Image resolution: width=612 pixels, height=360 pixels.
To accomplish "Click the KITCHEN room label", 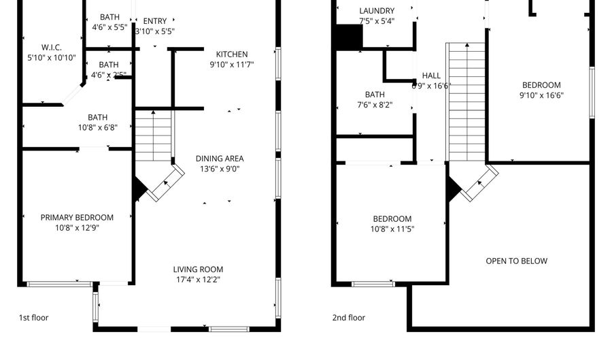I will [x=232, y=54].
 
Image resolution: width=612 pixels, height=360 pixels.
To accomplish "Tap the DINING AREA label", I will [x=220, y=159].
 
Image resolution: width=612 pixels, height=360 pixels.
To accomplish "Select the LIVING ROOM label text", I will [x=198, y=269].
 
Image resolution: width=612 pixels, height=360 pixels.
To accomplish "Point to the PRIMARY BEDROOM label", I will [x=77, y=218].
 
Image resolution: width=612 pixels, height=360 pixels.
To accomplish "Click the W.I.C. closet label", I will [x=52, y=48].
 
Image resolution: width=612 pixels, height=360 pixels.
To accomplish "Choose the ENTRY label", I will [x=155, y=21].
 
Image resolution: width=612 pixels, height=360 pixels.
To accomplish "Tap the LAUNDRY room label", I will [x=376, y=11].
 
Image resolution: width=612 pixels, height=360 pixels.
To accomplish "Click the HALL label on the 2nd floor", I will [x=431, y=76].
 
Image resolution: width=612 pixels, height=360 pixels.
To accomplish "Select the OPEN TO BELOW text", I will [x=516, y=261].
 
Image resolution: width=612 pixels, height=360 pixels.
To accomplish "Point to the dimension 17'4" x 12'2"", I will [x=198, y=279].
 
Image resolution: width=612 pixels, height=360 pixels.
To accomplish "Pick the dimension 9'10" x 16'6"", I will [x=541, y=95].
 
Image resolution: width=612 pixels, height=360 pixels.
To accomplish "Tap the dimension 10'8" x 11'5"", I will [x=392, y=229].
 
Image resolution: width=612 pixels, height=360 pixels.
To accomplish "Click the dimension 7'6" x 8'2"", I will [x=375, y=105].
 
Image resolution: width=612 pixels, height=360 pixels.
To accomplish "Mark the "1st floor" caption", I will [x=33, y=318].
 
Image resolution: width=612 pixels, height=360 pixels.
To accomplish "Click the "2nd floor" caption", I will [x=350, y=318].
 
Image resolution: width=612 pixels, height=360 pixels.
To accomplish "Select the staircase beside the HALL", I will [x=466, y=102].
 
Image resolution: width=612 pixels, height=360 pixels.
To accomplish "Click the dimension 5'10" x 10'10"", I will [x=52, y=58].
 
